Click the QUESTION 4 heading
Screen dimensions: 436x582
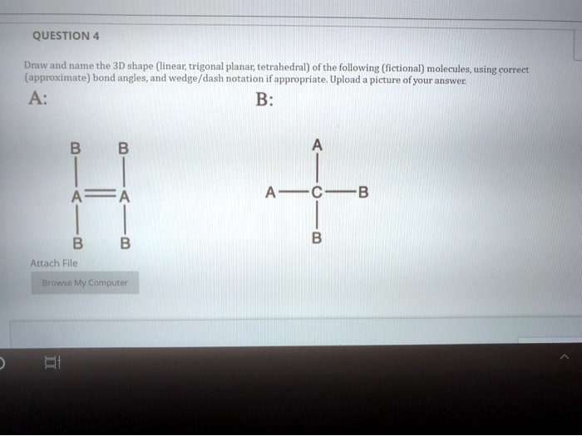click(66, 36)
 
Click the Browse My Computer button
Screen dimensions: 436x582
click(85, 282)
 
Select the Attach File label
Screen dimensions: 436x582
click(53, 262)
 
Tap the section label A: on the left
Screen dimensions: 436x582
click(37, 98)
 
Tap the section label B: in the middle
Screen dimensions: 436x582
click(264, 98)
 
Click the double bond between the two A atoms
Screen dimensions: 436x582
click(100, 197)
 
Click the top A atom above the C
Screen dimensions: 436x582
click(315, 145)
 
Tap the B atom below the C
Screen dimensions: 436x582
click(315, 238)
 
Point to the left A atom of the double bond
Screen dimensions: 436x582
click(76, 197)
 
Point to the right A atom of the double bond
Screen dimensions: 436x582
click(124, 197)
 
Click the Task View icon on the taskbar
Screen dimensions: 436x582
click(50, 362)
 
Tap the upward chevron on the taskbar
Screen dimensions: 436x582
click(564, 357)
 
